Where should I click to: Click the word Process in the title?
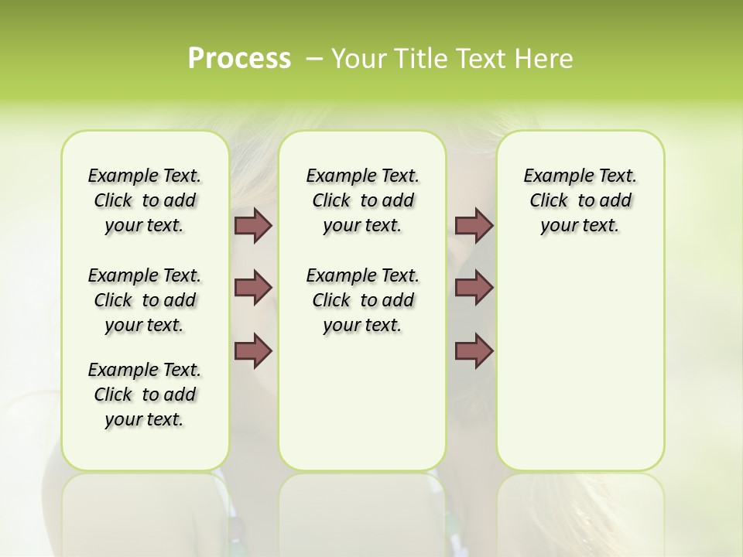click(239, 58)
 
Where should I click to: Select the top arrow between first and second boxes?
click(252, 225)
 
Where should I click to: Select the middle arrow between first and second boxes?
click(252, 288)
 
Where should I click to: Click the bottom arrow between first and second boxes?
click(252, 350)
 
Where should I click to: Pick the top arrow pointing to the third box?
click(474, 225)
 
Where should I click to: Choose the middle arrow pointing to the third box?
click(474, 288)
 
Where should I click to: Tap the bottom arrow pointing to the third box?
click(474, 350)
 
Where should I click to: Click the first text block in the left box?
click(145, 200)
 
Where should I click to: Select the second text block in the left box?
click(145, 300)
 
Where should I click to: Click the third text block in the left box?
click(145, 395)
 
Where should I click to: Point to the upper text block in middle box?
click(362, 200)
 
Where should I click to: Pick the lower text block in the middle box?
click(362, 300)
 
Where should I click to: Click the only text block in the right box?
click(580, 200)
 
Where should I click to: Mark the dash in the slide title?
click(314, 59)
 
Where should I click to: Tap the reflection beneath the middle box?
click(362, 511)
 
